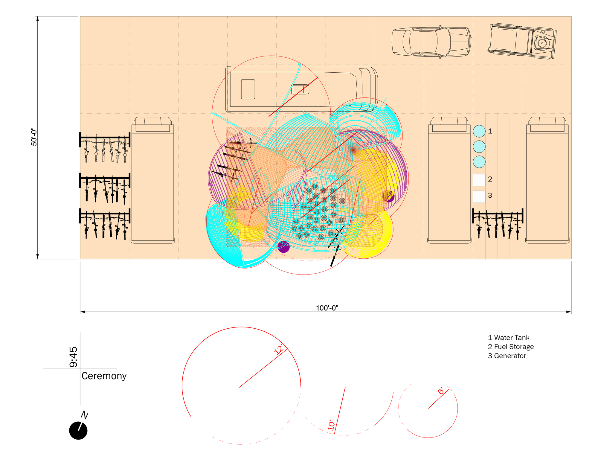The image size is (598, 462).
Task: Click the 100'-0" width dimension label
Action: click(x=327, y=308)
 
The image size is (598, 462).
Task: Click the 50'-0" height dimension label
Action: click(x=34, y=137)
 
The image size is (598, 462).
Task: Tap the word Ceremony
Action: click(x=104, y=376)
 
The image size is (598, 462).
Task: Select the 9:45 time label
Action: click(x=73, y=357)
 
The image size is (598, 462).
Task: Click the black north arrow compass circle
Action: click(x=78, y=431)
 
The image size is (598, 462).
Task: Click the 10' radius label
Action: click(x=331, y=425)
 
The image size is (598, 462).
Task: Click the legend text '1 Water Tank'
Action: click(x=509, y=338)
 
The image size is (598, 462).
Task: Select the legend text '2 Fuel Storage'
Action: click(x=511, y=347)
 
